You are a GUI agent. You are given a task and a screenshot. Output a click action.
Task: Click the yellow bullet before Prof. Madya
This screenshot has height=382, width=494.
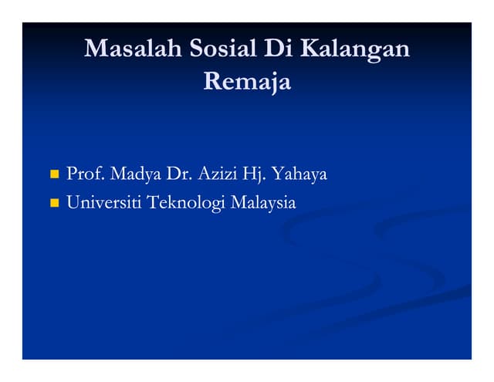54,175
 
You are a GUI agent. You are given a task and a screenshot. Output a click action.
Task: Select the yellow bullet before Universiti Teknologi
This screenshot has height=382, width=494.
54,205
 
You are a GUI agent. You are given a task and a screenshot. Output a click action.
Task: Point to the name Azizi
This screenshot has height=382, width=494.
218,174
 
